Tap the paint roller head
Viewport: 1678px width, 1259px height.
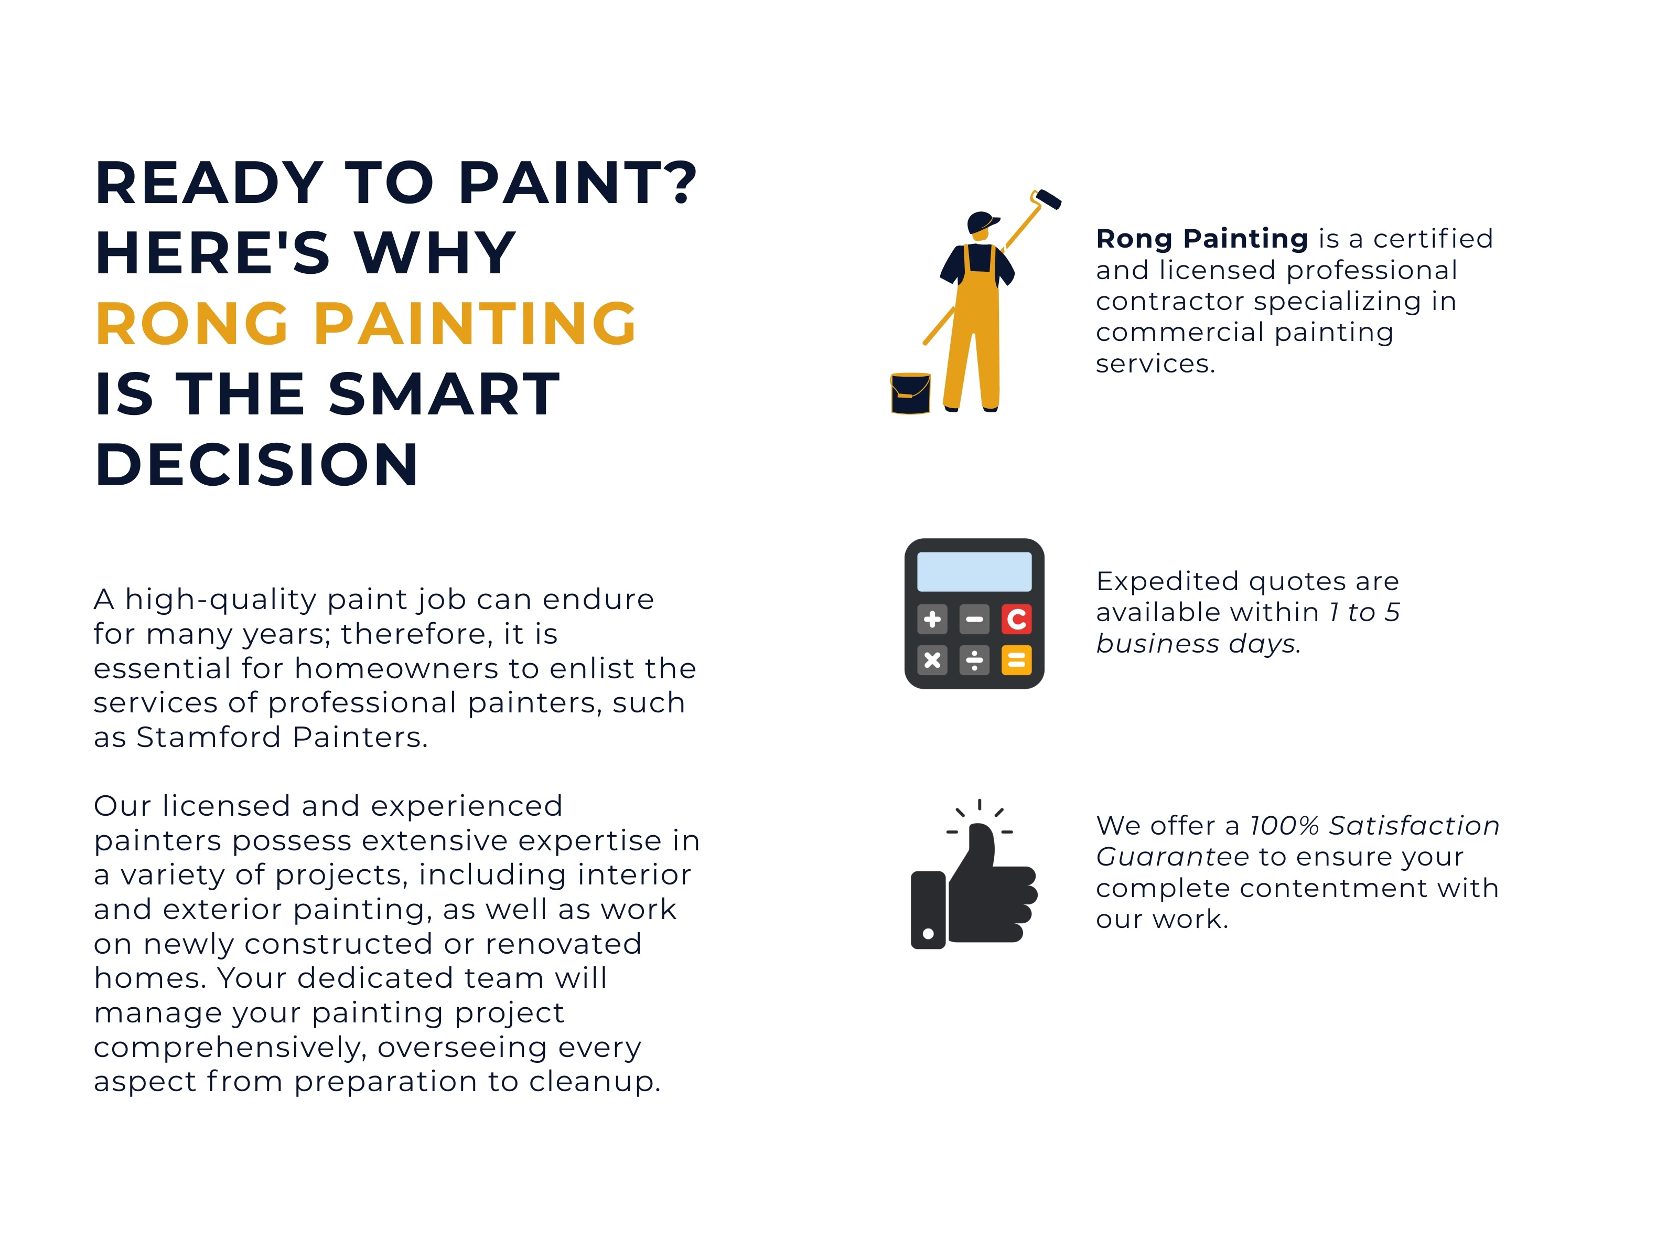(1048, 199)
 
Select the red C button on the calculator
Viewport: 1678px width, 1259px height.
(1017, 619)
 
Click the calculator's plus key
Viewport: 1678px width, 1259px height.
(932, 619)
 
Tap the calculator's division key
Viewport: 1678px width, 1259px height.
(974, 660)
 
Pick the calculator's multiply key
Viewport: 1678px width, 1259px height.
(932, 660)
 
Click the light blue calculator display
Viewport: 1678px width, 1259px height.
(974, 571)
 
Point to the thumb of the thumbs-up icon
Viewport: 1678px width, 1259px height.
(978, 850)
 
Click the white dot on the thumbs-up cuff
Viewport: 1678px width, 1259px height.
(928, 933)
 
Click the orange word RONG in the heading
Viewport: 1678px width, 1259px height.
(192, 324)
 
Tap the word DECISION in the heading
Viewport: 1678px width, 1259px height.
(256, 464)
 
